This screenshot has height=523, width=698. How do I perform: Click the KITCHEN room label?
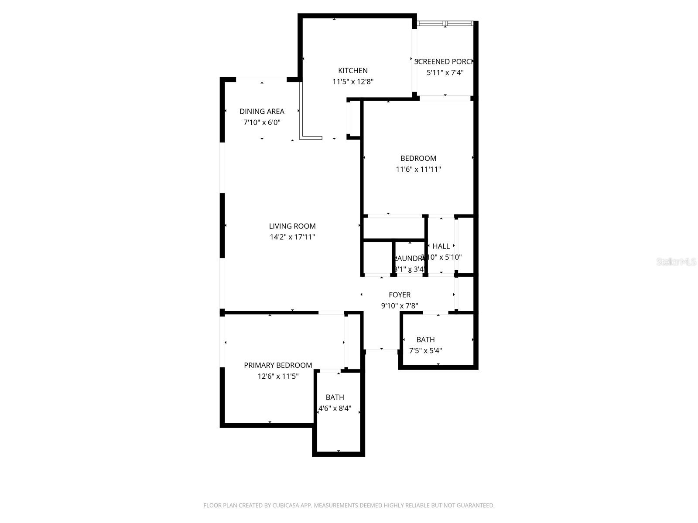pos(353,71)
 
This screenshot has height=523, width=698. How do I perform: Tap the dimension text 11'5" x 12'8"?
pos(353,82)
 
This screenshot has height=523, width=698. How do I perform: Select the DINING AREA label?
pos(262,112)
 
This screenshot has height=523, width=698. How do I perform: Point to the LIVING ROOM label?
pos(292,226)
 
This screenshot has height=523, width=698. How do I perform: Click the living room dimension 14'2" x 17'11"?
pos(292,237)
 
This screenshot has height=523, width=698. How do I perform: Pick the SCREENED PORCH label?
pos(444,62)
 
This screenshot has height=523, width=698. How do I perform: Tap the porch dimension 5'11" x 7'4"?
pos(445,73)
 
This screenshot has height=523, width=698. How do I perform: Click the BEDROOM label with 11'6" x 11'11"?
pos(418,158)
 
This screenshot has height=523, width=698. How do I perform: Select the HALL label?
pos(441,246)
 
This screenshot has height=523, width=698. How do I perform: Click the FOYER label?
pos(400,295)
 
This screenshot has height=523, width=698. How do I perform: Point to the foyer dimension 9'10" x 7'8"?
pos(400,306)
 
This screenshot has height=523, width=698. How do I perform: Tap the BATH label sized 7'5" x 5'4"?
pos(425,340)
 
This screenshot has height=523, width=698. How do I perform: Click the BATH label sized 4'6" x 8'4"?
pos(335,397)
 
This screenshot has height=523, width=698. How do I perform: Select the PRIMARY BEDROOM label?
pos(278,365)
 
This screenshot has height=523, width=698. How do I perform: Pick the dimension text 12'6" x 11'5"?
pos(278,376)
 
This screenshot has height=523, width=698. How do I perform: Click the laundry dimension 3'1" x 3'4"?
pos(409,269)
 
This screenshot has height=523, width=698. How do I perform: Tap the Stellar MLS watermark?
pos(676,262)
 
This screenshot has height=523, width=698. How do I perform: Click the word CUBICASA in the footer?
pos(285,506)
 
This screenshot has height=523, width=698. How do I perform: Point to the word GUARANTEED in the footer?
pos(475,506)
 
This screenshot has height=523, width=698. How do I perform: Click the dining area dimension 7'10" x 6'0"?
pos(262,122)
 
